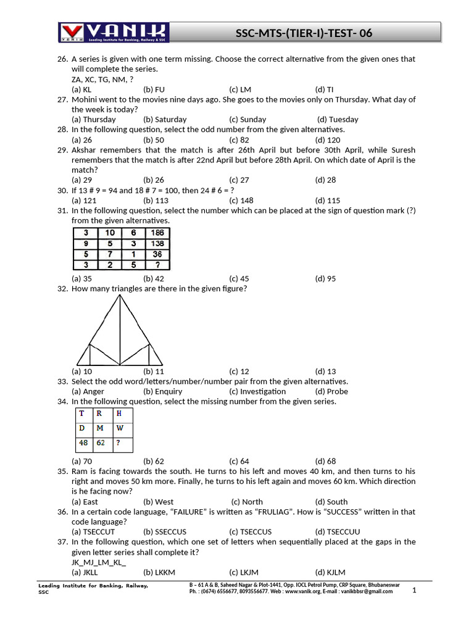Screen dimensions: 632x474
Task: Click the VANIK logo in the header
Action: (114, 32)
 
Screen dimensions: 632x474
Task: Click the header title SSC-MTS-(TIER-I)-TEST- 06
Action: (304, 33)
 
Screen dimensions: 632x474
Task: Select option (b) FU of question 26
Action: (154, 89)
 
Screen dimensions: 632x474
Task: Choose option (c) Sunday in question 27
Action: (247, 119)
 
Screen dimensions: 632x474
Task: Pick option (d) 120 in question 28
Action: (328, 139)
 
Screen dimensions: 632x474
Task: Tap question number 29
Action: (62, 150)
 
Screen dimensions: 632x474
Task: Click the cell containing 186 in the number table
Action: (157, 233)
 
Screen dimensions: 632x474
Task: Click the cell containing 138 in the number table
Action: (157, 243)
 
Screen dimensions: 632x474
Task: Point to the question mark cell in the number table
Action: (157, 265)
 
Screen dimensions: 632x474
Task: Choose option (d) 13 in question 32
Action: (325, 372)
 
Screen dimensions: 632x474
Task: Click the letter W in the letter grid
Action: (120, 428)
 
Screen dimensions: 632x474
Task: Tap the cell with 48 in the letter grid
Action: (83, 443)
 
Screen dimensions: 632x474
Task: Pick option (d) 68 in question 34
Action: (325, 461)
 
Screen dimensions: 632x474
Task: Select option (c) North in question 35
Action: (247, 502)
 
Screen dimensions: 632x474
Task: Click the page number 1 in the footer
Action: (415, 590)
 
